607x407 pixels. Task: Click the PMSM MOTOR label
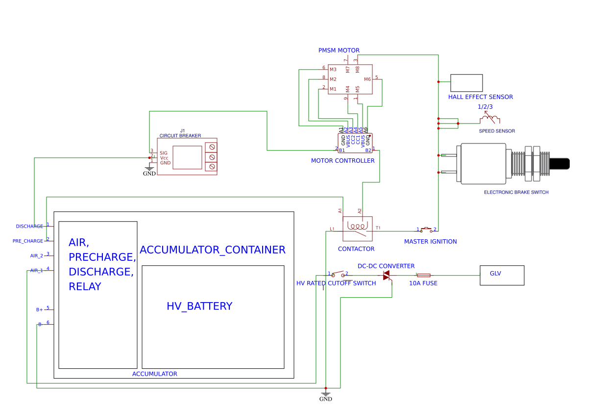click(x=339, y=51)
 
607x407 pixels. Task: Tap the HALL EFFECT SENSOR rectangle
click(x=466, y=83)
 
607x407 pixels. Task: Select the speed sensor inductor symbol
click(x=489, y=119)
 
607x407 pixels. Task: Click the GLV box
click(x=502, y=275)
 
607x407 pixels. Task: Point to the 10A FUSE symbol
click(x=423, y=276)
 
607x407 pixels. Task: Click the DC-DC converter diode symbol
click(x=387, y=276)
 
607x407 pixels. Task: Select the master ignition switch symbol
click(x=426, y=229)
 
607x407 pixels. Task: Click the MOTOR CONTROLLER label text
click(x=342, y=161)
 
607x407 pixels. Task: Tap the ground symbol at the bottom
click(x=325, y=394)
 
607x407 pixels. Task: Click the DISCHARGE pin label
click(x=29, y=227)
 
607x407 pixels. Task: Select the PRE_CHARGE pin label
click(x=28, y=241)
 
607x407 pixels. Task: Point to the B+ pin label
click(x=40, y=310)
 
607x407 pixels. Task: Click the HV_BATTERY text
click(x=199, y=306)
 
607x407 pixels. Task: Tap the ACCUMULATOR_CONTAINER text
click(x=212, y=250)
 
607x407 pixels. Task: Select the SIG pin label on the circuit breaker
click(x=164, y=153)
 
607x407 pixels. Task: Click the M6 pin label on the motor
click(x=367, y=79)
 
